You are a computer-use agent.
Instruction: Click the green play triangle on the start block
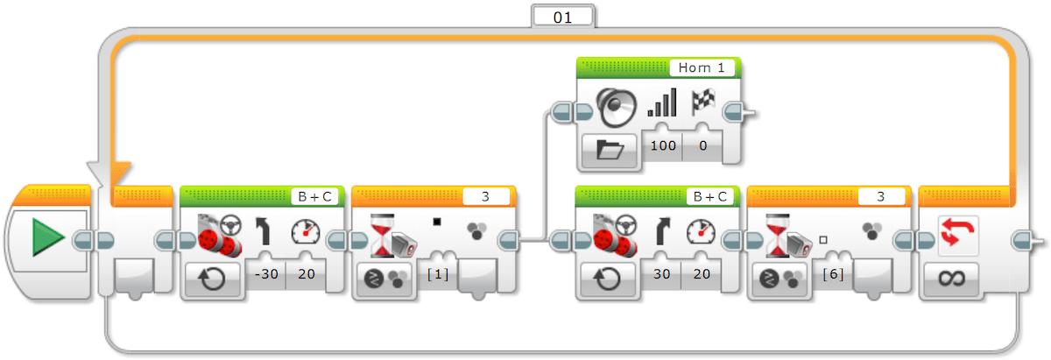coord(48,237)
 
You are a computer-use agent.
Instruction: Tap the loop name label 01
coord(562,18)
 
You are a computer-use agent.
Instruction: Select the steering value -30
coord(266,273)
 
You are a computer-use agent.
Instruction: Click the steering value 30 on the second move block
coord(661,273)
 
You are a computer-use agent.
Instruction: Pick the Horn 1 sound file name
coord(702,67)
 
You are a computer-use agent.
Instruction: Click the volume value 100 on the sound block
coord(663,145)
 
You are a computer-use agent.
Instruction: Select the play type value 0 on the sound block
coord(702,145)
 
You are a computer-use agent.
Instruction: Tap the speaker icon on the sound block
coord(616,108)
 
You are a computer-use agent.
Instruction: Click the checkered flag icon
coord(702,101)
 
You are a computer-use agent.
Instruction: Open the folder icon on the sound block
coord(610,150)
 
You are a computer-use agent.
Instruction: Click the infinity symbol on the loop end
coord(951,279)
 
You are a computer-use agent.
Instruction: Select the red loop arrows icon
coord(957,234)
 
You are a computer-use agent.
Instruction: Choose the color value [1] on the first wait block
coord(438,273)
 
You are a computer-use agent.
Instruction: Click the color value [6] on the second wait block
coord(833,273)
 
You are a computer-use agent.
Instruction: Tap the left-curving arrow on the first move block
coord(264,230)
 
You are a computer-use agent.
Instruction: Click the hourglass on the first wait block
coord(383,235)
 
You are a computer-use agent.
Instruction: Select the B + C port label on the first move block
coord(314,197)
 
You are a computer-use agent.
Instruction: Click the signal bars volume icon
coord(662,102)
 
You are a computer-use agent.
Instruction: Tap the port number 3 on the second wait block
coord(881,197)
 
